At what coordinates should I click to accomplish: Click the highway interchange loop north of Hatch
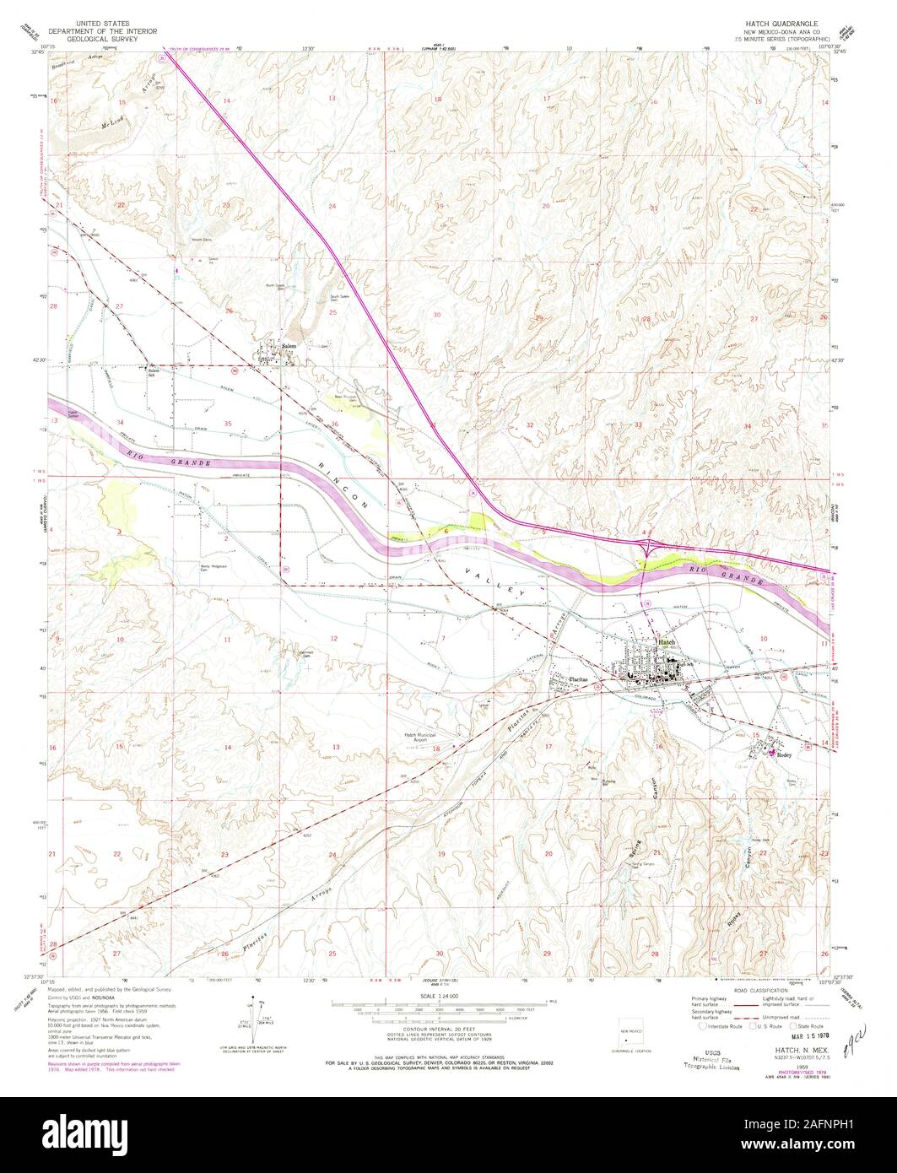(x=648, y=548)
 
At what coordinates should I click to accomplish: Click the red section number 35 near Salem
(x=229, y=422)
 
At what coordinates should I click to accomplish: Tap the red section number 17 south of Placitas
(x=548, y=747)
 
